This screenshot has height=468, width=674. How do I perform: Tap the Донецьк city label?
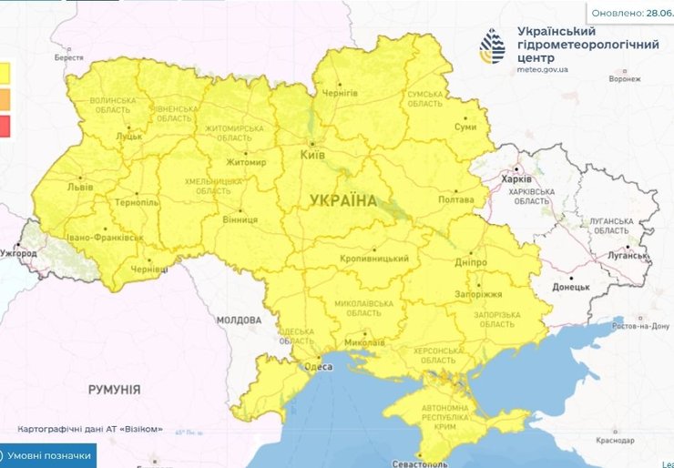[571, 287]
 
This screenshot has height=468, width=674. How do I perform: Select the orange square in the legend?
[5, 98]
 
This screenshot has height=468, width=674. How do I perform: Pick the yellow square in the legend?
[5, 72]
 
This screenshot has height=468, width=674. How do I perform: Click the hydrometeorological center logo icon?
[495, 45]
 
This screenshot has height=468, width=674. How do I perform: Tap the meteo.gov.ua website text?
[542, 68]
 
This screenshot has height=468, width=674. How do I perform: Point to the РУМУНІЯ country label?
[114, 389]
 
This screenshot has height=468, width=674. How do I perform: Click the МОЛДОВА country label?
[239, 320]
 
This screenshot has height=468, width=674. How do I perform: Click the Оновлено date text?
[632, 13]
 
